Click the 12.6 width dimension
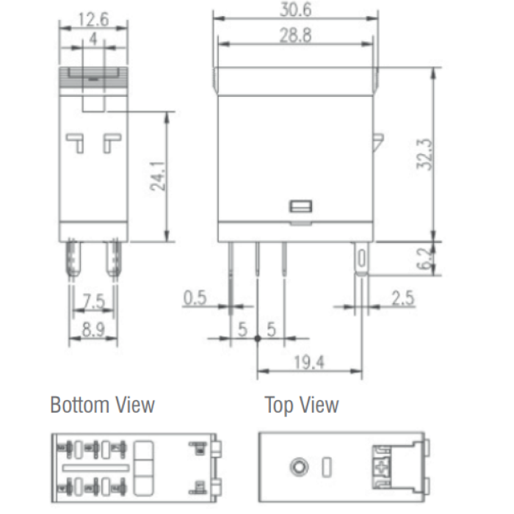click(x=93, y=19)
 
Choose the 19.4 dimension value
click(x=310, y=362)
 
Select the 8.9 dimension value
click(x=93, y=330)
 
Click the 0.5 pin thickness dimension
click(x=195, y=298)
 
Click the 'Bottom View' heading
click(x=102, y=405)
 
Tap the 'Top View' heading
click(x=302, y=405)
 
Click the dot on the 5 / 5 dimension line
click(x=257, y=338)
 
